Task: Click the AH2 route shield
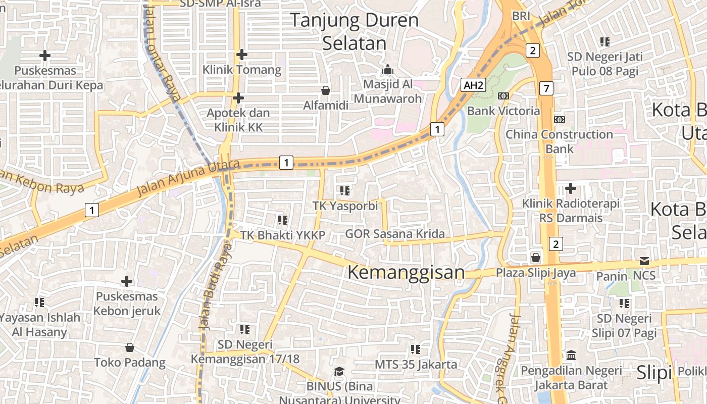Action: [473, 85]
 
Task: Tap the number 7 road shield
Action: [546, 88]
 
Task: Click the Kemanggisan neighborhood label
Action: [406, 273]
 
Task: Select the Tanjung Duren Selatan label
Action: [355, 31]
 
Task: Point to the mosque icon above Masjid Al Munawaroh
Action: [388, 69]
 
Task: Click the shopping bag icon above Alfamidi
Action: [326, 90]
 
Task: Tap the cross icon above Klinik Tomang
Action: [242, 54]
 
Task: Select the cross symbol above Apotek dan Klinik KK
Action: [238, 97]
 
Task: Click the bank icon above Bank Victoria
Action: [503, 96]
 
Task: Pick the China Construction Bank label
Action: [559, 141]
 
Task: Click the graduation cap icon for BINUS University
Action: [339, 372]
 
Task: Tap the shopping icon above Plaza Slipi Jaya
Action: [536, 258]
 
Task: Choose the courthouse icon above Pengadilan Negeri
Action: [571, 355]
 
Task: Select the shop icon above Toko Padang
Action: [130, 347]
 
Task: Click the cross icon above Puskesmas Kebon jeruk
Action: [127, 281]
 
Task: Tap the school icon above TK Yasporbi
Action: [345, 191]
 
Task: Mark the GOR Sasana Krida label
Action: [395, 234]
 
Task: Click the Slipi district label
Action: [654, 373]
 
